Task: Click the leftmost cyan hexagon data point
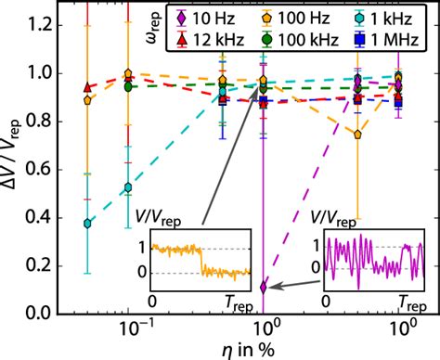pos(88,224)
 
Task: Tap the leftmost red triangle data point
pos(88,85)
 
